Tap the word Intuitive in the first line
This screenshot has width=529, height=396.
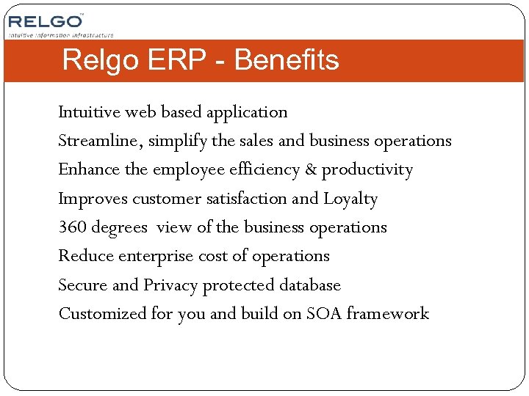pyautogui.click(x=89, y=112)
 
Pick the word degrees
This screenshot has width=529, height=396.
pyautogui.click(x=120, y=228)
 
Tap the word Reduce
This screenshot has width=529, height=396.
pyautogui.click(x=85, y=256)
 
